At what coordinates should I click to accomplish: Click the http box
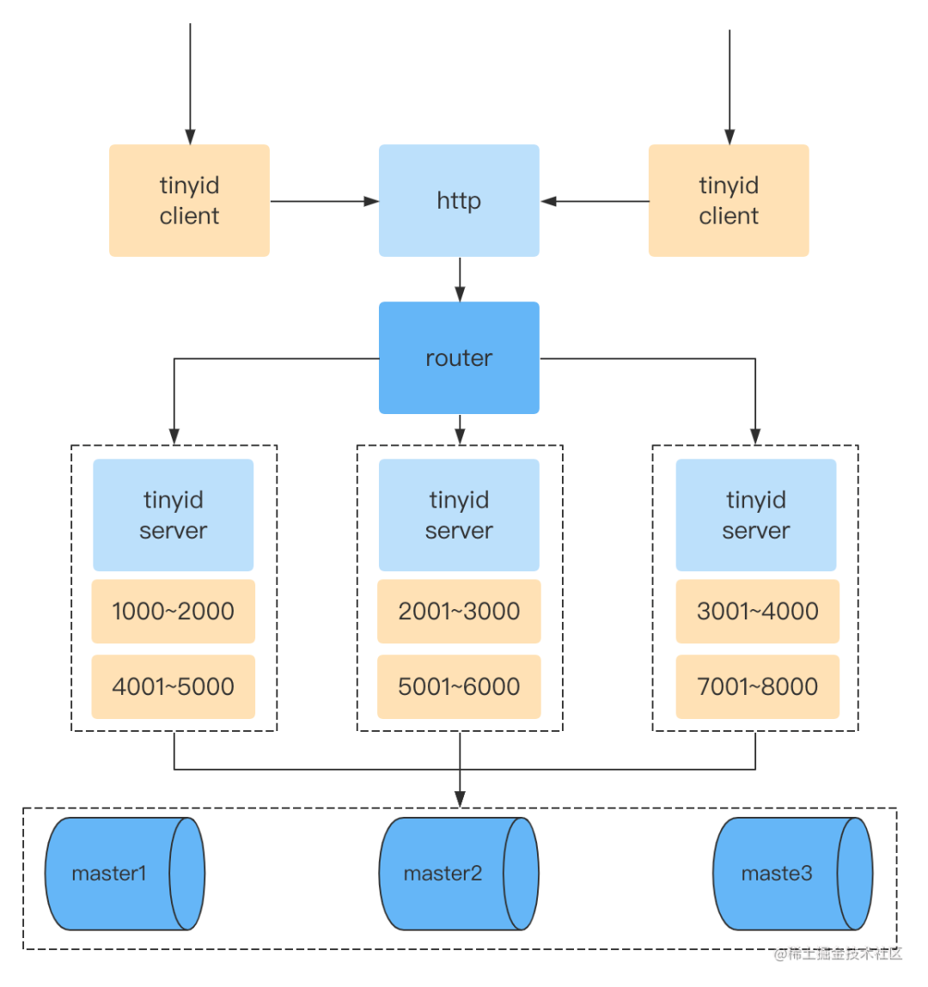pyautogui.click(x=459, y=200)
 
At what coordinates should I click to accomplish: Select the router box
pyautogui.click(x=459, y=357)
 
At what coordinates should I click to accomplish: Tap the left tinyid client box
pyautogui.click(x=189, y=200)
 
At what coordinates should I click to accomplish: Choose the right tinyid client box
pyautogui.click(x=728, y=200)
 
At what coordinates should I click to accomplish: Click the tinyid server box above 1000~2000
pyautogui.click(x=173, y=515)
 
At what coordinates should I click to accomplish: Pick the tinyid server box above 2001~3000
pyautogui.click(x=459, y=515)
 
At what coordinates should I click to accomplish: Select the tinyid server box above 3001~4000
pyautogui.click(x=755, y=515)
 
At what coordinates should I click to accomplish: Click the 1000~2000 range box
pyautogui.click(x=173, y=611)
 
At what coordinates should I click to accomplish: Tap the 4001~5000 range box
pyautogui.click(x=173, y=686)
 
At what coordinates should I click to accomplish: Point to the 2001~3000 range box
pyautogui.click(x=459, y=611)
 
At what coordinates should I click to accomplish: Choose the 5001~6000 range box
pyautogui.click(x=459, y=686)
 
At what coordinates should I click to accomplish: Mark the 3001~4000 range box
pyautogui.click(x=757, y=611)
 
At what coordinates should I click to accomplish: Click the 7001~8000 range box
pyautogui.click(x=757, y=686)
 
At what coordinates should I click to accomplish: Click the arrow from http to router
pyautogui.click(x=460, y=279)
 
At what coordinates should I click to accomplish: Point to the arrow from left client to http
pyautogui.click(x=324, y=201)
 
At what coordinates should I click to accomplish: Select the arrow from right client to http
pyautogui.click(x=595, y=201)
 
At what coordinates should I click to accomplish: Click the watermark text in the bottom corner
pyautogui.click(x=838, y=953)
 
